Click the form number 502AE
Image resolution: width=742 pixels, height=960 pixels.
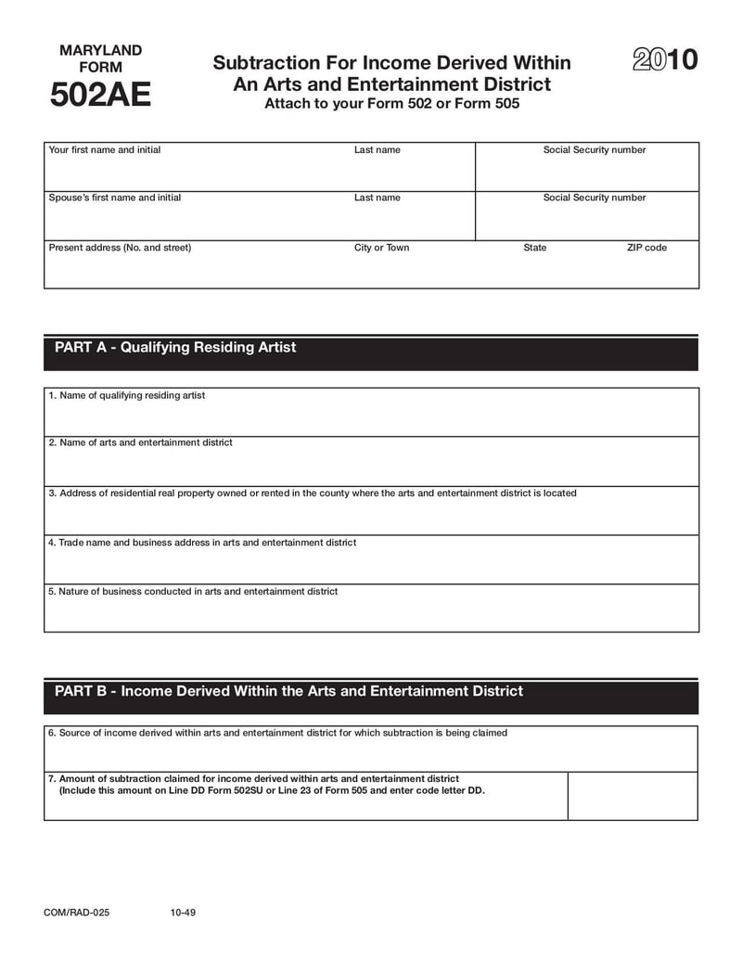(x=100, y=96)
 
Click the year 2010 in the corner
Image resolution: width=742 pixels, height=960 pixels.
(x=665, y=61)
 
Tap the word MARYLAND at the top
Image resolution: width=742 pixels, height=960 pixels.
(x=100, y=50)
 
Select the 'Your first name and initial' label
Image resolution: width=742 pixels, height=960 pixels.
(x=104, y=150)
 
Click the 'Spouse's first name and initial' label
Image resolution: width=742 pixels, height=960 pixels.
(x=114, y=198)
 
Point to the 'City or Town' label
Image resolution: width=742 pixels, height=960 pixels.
(x=381, y=248)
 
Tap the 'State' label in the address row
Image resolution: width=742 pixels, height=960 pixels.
(x=535, y=248)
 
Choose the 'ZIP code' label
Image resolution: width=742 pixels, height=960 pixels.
(x=646, y=248)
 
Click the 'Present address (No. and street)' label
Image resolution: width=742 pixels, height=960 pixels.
(x=120, y=248)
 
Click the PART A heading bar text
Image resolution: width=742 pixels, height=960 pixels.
(x=175, y=347)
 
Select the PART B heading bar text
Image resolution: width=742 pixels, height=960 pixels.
(x=288, y=691)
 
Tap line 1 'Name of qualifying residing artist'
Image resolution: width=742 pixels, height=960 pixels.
(x=127, y=395)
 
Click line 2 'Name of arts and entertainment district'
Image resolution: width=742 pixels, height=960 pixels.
(x=140, y=442)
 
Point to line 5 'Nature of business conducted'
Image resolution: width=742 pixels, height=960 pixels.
(x=193, y=591)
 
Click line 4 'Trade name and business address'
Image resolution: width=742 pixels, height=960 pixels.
(x=201, y=542)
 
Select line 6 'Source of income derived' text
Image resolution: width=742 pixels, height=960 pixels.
(x=277, y=733)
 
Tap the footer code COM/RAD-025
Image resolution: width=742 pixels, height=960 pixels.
(x=76, y=913)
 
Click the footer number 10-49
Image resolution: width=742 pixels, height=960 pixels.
(x=183, y=913)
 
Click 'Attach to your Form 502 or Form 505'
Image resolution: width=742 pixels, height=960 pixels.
(x=391, y=104)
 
